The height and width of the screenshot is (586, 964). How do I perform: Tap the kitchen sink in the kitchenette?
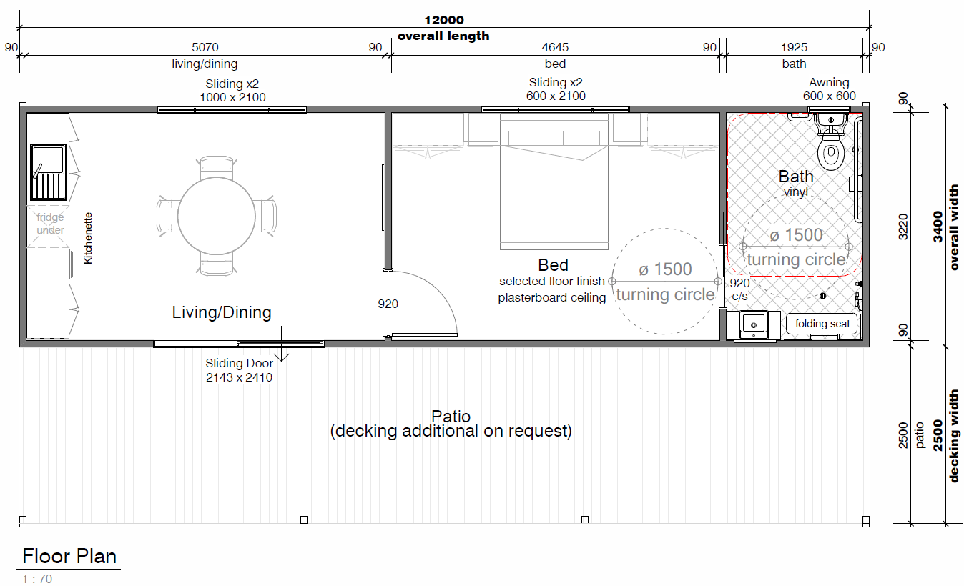[x=48, y=172]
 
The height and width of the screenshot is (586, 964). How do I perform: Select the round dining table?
[x=217, y=216]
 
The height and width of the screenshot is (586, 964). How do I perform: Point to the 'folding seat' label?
[x=822, y=324]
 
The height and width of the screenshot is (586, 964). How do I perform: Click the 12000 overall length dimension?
[x=444, y=20]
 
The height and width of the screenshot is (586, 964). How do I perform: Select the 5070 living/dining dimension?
[x=205, y=47]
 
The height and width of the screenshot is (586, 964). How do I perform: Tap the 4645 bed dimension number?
[x=555, y=47]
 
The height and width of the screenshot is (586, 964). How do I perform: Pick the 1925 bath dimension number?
[x=794, y=47]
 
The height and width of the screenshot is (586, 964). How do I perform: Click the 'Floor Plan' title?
[x=69, y=556]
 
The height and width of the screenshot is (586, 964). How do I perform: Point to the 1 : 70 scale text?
[x=37, y=579]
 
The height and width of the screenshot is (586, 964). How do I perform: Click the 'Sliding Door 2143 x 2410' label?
[x=240, y=370]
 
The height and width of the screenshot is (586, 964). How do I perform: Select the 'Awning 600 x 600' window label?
[x=830, y=89]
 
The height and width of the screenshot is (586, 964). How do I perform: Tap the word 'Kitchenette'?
[x=88, y=238]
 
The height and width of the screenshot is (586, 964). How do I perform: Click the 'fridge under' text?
[x=50, y=224]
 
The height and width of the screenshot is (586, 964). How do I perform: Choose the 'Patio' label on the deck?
[x=451, y=416]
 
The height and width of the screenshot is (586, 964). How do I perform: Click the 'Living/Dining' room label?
[x=222, y=312]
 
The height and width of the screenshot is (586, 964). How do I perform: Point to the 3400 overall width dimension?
[x=938, y=227]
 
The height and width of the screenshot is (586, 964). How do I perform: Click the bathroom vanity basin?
[x=754, y=324]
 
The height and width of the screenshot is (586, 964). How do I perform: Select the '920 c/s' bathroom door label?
[x=739, y=289]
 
